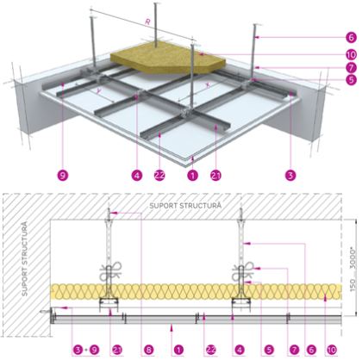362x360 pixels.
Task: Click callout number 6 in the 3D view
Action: (351, 38)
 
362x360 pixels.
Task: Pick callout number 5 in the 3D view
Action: (351, 81)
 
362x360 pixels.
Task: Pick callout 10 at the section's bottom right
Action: (348, 351)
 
